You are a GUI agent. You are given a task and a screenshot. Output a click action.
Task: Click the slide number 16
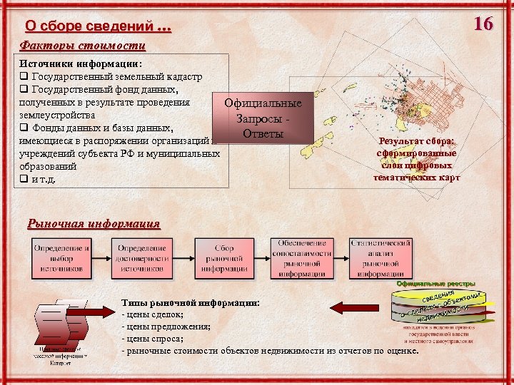pyautogui.click(x=483, y=24)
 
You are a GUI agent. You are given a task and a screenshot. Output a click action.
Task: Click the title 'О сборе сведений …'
pyautogui.click(x=98, y=27)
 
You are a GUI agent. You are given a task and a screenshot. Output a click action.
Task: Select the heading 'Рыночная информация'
pyautogui.click(x=94, y=223)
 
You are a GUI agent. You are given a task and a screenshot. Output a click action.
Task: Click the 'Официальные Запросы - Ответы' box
pyautogui.click(x=263, y=118)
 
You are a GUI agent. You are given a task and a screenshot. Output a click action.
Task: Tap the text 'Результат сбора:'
pyautogui.click(x=416, y=141)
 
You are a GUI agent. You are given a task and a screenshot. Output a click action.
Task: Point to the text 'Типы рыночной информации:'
pyautogui.click(x=190, y=302)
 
